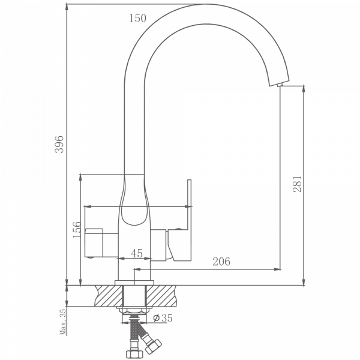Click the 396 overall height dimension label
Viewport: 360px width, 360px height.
click(59, 144)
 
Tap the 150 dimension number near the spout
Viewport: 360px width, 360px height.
click(137, 19)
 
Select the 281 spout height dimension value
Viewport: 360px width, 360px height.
click(297, 184)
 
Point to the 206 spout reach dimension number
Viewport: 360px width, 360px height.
click(221, 262)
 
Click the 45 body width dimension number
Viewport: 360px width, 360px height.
click(137, 253)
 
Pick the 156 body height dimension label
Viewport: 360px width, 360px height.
click(77, 230)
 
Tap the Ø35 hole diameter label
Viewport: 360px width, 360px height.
click(163, 318)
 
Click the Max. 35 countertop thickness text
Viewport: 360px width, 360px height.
click(62, 322)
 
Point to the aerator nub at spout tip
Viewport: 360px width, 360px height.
click(280, 85)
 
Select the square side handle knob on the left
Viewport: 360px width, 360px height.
click(94, 242)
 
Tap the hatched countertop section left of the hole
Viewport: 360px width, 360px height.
click(109, 296)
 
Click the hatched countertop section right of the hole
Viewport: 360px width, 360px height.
click(161, 296)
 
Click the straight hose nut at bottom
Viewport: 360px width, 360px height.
click(133, 354)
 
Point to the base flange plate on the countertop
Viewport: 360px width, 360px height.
click(134, 283)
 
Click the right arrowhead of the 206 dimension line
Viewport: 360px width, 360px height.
click(277, 269)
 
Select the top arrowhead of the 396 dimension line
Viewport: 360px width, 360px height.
click(67, 7)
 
